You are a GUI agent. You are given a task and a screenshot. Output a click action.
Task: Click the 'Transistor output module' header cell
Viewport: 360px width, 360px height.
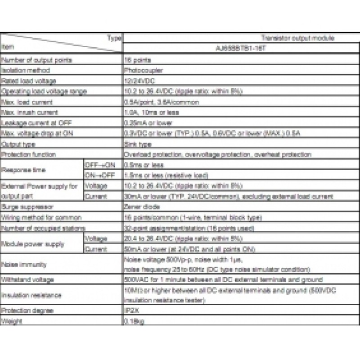click(297, 38)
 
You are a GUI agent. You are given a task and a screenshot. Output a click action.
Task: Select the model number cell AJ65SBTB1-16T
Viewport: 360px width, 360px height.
click(241, 49)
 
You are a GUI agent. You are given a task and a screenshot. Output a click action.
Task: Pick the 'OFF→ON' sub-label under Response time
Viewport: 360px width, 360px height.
click(95, 165)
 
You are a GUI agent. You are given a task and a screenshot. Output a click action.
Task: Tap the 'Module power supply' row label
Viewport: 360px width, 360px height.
click(33, 244)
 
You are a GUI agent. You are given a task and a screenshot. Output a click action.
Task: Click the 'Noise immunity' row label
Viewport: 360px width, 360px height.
click(24, 265)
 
